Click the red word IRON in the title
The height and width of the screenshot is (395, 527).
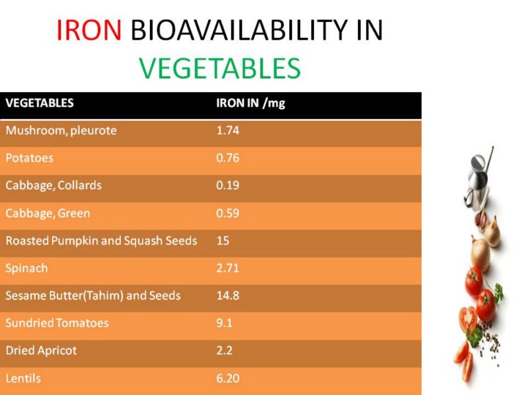pos(89,30)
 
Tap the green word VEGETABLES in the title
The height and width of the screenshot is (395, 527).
pos(220,68)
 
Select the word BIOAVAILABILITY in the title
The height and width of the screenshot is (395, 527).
pos(239,30)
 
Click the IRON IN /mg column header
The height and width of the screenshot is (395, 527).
pos(250,103)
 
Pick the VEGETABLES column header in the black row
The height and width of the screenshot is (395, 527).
pos(40,103)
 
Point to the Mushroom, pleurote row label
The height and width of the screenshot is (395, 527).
pos(61,130)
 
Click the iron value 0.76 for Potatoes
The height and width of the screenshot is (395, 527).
pos(228,158)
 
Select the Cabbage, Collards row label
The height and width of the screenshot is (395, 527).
pos(53,185)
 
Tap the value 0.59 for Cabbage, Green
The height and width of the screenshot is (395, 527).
pos(228,213)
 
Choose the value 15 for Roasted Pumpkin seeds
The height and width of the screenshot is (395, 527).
pos(223,241)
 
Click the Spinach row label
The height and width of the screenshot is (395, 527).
pos(26,268)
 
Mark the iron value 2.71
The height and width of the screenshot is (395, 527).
pos(228,268)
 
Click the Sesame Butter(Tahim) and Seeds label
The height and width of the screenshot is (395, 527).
pos(93,296)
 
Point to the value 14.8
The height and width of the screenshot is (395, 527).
pos(228,296)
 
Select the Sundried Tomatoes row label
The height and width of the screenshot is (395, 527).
pos(57,323)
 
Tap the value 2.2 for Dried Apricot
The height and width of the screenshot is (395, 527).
pos(224,350)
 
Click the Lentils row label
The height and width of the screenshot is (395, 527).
pos(23,378)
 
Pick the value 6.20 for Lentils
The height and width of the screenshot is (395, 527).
pos(228,378)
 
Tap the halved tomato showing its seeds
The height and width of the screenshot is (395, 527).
pos(468,320)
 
